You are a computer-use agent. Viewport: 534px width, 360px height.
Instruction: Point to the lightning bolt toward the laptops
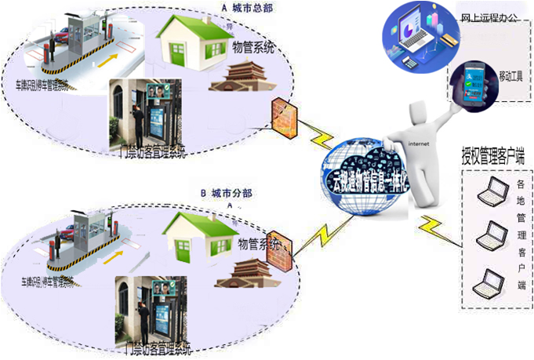433,227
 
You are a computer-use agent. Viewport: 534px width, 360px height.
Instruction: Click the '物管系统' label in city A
253,49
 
